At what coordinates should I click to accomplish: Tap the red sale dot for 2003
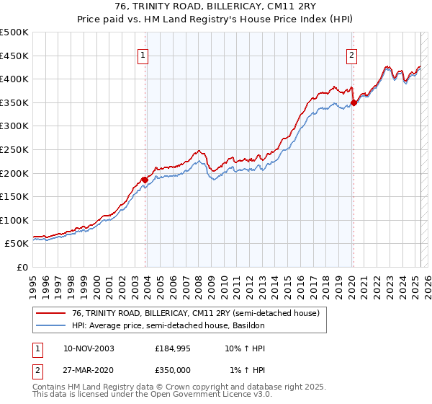[145, 180]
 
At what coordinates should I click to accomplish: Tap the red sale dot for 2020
[354, 102]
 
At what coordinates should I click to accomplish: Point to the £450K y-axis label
[14, 56]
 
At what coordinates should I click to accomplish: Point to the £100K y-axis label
[14, 220]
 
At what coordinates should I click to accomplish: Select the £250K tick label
[14, 149]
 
